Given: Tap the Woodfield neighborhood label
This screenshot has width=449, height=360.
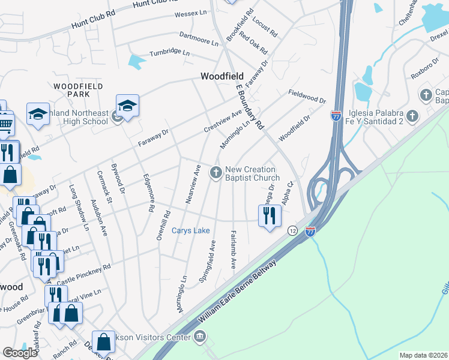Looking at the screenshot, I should point(222,76).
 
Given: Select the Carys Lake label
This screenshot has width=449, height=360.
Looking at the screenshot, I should point(191,230).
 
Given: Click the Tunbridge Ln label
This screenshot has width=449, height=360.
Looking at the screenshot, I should point(169,53).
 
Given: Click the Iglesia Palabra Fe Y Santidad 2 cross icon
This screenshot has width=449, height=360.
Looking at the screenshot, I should point(412,116).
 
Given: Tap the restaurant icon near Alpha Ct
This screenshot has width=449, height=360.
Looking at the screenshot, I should point(270,215).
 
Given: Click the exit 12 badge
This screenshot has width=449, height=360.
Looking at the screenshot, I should point(292,230).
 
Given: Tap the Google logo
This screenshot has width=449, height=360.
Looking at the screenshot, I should point(20,353).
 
